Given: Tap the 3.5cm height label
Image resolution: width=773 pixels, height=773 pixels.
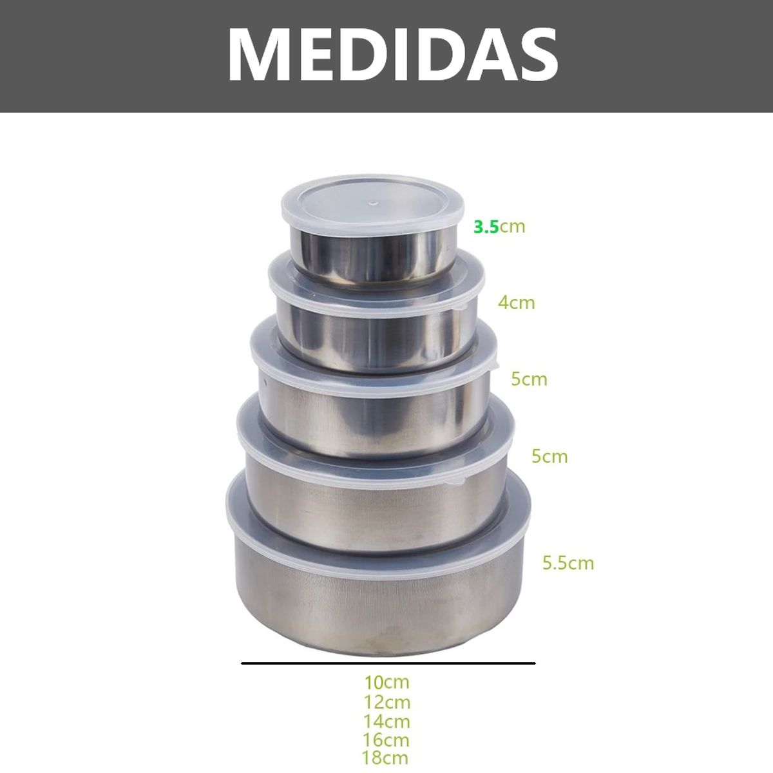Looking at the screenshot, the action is tap(499, 227).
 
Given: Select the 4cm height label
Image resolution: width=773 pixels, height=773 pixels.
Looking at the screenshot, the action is tap(516, 303).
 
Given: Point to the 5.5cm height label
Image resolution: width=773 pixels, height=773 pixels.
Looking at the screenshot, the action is tap(568, 563).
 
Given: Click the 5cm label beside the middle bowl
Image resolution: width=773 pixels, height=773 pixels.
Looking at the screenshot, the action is tap(529, 379).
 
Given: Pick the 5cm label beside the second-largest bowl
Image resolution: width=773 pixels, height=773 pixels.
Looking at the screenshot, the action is tap(549, 457).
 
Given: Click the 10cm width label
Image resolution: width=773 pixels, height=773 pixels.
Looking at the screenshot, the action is tap(386, 682).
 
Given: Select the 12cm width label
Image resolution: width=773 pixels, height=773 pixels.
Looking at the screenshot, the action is tap(386, 702).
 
